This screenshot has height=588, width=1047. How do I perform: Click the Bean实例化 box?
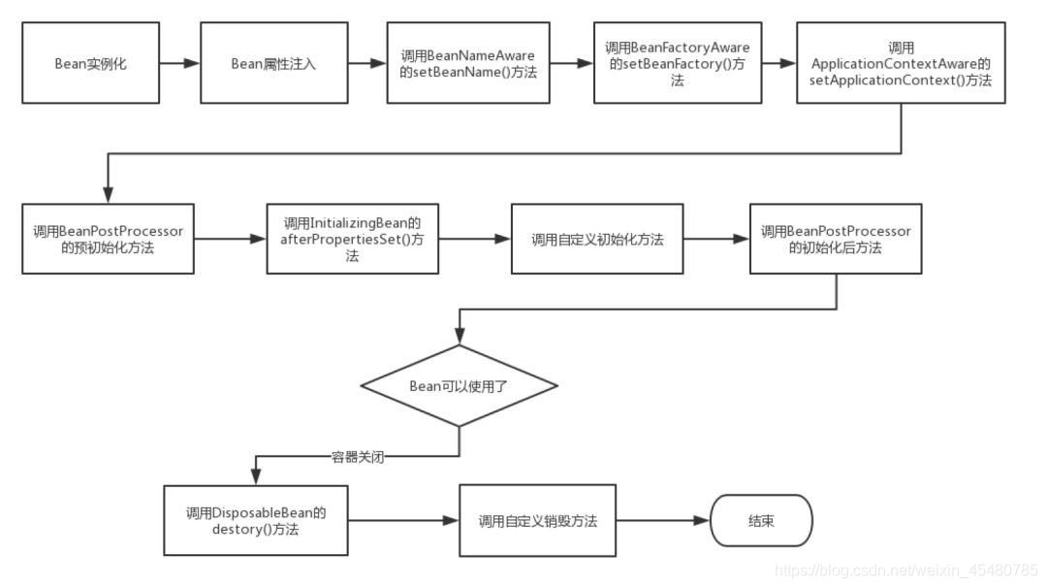pos(90,64)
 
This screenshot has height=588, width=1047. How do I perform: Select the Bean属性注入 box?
pos(273,64)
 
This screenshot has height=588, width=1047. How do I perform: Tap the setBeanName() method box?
pos(467,64)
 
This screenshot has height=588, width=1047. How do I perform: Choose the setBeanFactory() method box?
pos(677,64)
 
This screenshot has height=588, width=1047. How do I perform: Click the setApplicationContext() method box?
pos(901,64)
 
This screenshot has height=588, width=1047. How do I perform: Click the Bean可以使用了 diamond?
pos(460,385)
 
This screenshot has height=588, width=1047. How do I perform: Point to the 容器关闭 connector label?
pos(358,457)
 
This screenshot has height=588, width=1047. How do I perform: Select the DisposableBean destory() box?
pos(255,520)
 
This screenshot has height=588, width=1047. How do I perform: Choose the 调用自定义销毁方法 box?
pos(537,521)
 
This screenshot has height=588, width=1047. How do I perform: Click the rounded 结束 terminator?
pos(761,521)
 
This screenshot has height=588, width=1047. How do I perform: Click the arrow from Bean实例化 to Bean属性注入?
pos(179,64)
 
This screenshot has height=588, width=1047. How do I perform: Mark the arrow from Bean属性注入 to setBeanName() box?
pos(365,64)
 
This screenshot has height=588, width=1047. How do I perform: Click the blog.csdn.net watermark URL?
pos(906,569)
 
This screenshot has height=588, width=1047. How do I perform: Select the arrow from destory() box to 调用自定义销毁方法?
pos(403,521)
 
